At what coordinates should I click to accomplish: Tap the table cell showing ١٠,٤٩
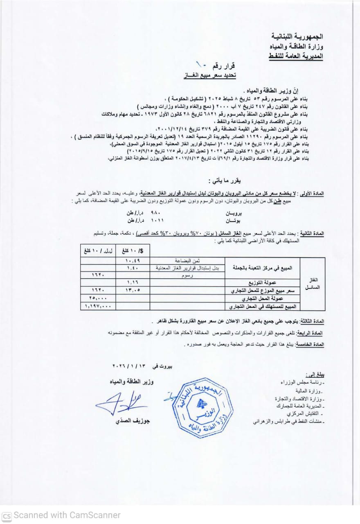coord(133,260)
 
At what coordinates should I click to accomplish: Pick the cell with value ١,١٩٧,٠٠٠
coord(98,306)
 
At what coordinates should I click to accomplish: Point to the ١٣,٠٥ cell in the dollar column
coord(132,291)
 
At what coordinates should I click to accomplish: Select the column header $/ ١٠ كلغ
coord(133,250)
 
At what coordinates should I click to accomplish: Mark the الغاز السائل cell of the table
coord(312,283)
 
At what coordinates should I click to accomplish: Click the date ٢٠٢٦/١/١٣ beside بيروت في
coord(128,366)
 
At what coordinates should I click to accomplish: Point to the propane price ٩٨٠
coord(157,213)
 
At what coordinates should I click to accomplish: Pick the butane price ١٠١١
coord(156,220)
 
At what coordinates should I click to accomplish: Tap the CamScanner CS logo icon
coord(7,515)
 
